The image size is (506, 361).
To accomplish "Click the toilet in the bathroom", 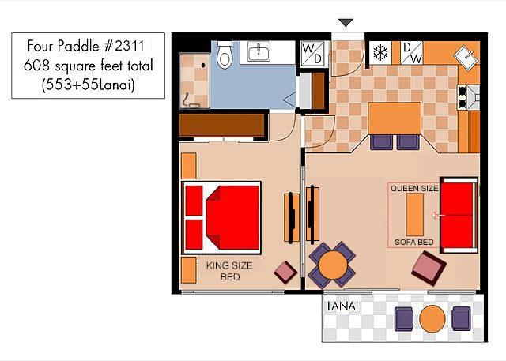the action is (x=225, y=55).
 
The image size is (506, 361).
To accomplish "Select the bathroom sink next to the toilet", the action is (x=259, y=51).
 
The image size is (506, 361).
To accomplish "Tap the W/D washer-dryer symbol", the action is (x=312, y=54).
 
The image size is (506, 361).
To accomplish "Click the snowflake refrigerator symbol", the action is (x=380, y=53).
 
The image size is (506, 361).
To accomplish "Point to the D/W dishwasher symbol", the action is (x=411, y=53).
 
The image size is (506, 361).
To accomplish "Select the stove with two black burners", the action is (x=468, y=97).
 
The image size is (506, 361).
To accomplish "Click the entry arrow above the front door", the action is (x=346, y=23).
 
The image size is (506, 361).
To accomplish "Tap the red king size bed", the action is (x=221, y=218).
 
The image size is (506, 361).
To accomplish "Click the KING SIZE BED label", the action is (x=229, y=271).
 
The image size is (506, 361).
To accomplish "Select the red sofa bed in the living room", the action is (x=459, y=215).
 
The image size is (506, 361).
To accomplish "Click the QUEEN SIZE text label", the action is (x=414, y=188).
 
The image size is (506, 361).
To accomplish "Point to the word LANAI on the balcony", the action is (x=342, y=306).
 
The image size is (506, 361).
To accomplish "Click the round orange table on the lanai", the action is (x=432, y=319).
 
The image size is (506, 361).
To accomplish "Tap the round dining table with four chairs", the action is (x=333, y=265).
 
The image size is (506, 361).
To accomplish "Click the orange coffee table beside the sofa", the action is (x=415, y=215).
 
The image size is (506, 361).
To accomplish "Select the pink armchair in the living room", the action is (x=429, y=269).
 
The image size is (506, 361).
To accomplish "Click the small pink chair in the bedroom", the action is (x=285, y=273).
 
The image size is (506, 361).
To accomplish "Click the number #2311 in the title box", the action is (x=124, y=46).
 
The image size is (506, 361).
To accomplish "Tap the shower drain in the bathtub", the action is (x=203, y=65).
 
